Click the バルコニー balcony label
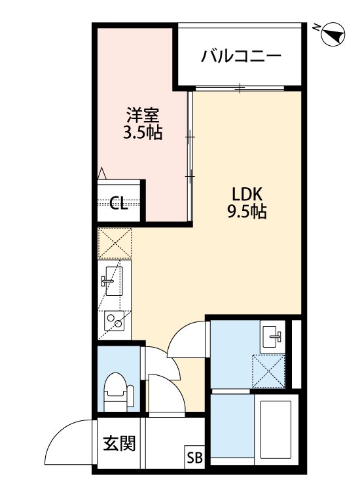pos(241,55)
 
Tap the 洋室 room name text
pos(143,116)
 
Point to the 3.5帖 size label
pos(143,134)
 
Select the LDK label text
pos(247,194)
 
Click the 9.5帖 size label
pos(247,212)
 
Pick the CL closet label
pos(118,203)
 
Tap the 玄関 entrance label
pos(118,445)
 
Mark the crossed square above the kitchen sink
pos(115,243)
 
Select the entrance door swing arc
pos(69,439)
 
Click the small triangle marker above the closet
pos(102,173)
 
